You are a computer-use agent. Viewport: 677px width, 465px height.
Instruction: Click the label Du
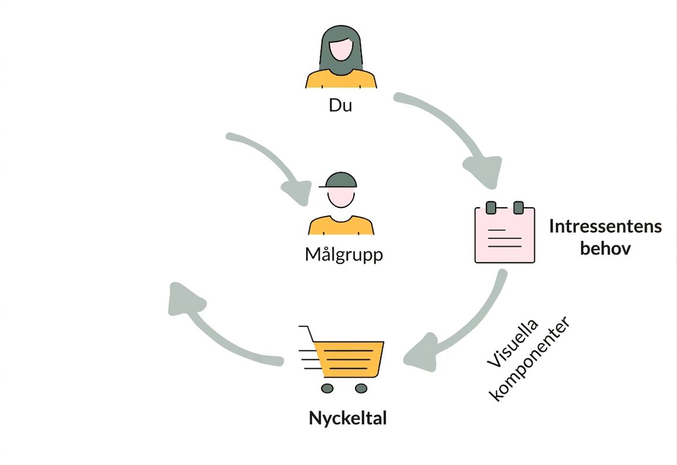pos(340,105)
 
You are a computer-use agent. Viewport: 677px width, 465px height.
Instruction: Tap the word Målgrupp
pos(344,254)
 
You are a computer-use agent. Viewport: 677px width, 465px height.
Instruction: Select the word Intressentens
pos(605,226)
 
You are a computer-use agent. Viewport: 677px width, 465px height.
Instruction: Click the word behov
pos(605,248)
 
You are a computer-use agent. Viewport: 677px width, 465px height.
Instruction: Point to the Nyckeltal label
pos(347,418)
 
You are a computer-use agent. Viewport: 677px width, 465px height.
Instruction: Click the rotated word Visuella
pos(513,343)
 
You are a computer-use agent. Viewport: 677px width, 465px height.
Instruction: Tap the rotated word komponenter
pos(531,359)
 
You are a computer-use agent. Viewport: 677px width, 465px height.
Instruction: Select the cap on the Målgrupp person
pos(338,180)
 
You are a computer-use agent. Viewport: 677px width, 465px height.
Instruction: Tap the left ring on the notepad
pos(491,207)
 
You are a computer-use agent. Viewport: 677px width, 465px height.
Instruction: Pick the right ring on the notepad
pos(519,207)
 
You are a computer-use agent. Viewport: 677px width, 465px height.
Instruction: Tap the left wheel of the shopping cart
pos(327,388)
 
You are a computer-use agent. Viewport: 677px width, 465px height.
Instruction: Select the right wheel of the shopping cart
pos(361,388)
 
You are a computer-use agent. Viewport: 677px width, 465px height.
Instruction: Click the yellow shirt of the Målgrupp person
pos(341,225)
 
